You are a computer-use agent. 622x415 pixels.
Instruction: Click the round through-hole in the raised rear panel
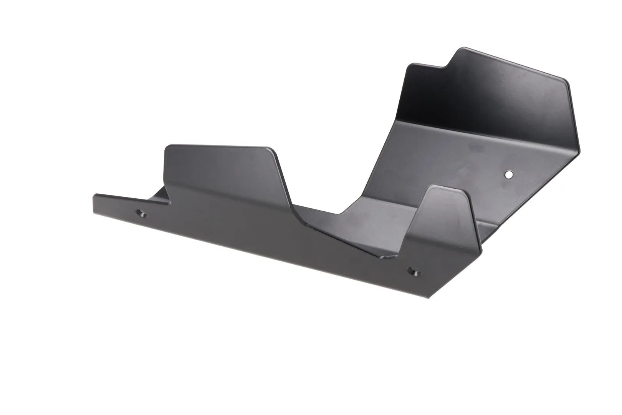tap(509, 174)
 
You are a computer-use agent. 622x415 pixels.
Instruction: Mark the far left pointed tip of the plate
tap(94, 196)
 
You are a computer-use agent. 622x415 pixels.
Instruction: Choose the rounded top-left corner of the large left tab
tap(167, 148)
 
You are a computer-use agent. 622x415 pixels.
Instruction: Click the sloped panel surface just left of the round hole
tap(461, 169)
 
